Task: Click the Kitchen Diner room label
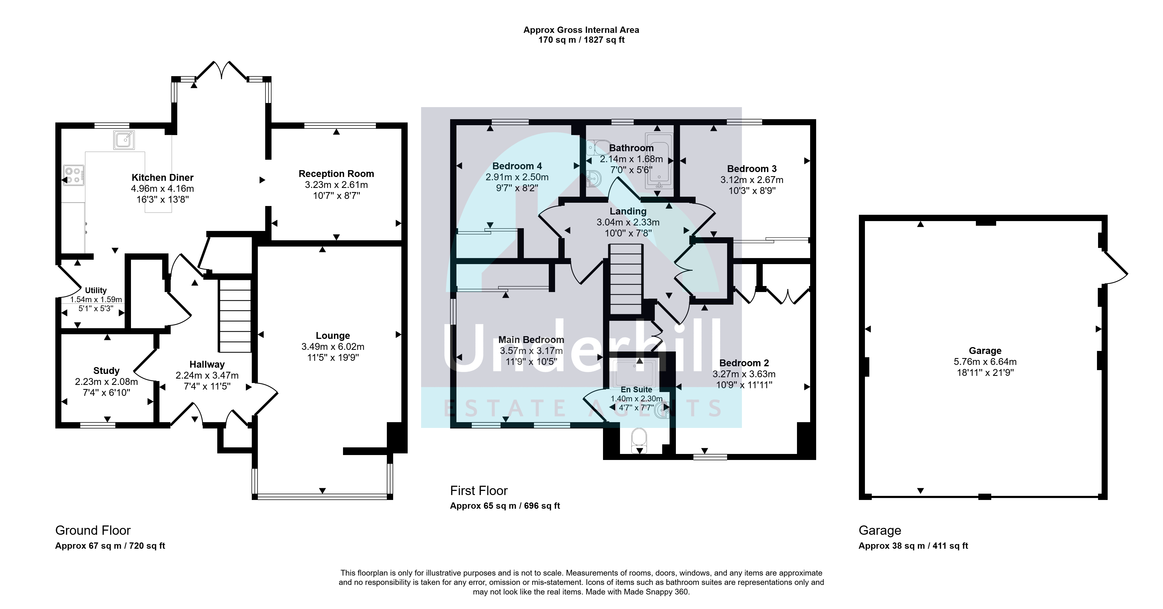pyautogui.click(x=162, y=178)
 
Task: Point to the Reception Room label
pyautogui.click(x=336, y=174)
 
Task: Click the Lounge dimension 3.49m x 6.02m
pyautogui.click(x=333, y=347)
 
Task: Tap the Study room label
pyautogui.click(x=107, y=371)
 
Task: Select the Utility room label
pyautogui.click(x=96, y=290)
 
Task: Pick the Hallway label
pyautogui.click(x=207, y=364)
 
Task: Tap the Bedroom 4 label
pyautogui.click(x=517, y=166)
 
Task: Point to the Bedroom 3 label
pyautogui.click(x=752, y=169)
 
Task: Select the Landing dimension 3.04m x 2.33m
pyautogui.click(x=628, y=222)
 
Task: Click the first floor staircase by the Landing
pyautogui.click(x=626, y=279)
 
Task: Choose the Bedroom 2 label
pyautogui.click(x=744, y=363)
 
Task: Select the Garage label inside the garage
pyautogui.click(x=985, y=351)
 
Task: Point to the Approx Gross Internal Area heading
pyautogui.click(x=581, y=30)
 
